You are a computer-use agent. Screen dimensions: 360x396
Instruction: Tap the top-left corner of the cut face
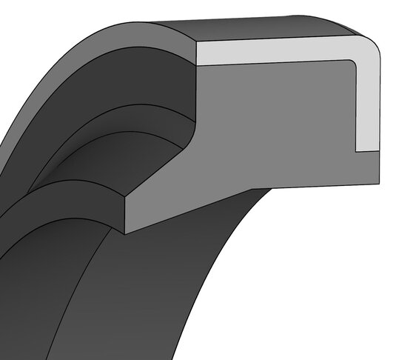[x=195, y=41]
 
